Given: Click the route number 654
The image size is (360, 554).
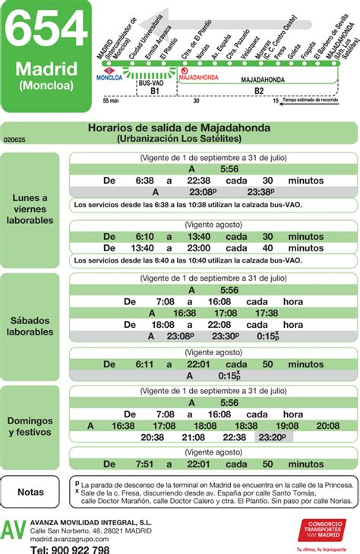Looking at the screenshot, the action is pyautogui.click(x=46, y=32).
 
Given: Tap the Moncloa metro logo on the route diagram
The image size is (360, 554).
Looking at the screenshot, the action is pyautogui.click(x=100, y=69).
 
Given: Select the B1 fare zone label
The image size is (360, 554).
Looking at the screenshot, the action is pyautogui.click(x=154, y=91).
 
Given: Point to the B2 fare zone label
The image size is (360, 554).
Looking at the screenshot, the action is pyautogui.click(x=258, y=91).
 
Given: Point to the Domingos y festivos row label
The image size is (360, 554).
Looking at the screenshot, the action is pyautogui.click(x=30, y=426).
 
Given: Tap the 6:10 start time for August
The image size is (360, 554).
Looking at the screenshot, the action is pyautogui.click(x=144, y=237).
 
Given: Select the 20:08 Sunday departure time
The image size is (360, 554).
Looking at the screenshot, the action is pyautogui.click(x=328, y=427).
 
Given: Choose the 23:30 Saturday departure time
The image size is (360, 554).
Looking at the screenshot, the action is pyautogui.click(x=225, y=336).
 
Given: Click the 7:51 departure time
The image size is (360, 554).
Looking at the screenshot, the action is pyautogui.click(x=144, y=464).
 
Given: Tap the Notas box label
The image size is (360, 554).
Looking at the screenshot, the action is pyautogui.click(x=30, y=492).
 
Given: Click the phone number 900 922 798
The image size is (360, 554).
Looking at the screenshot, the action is pyautogui.click(x=71, y=549).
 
